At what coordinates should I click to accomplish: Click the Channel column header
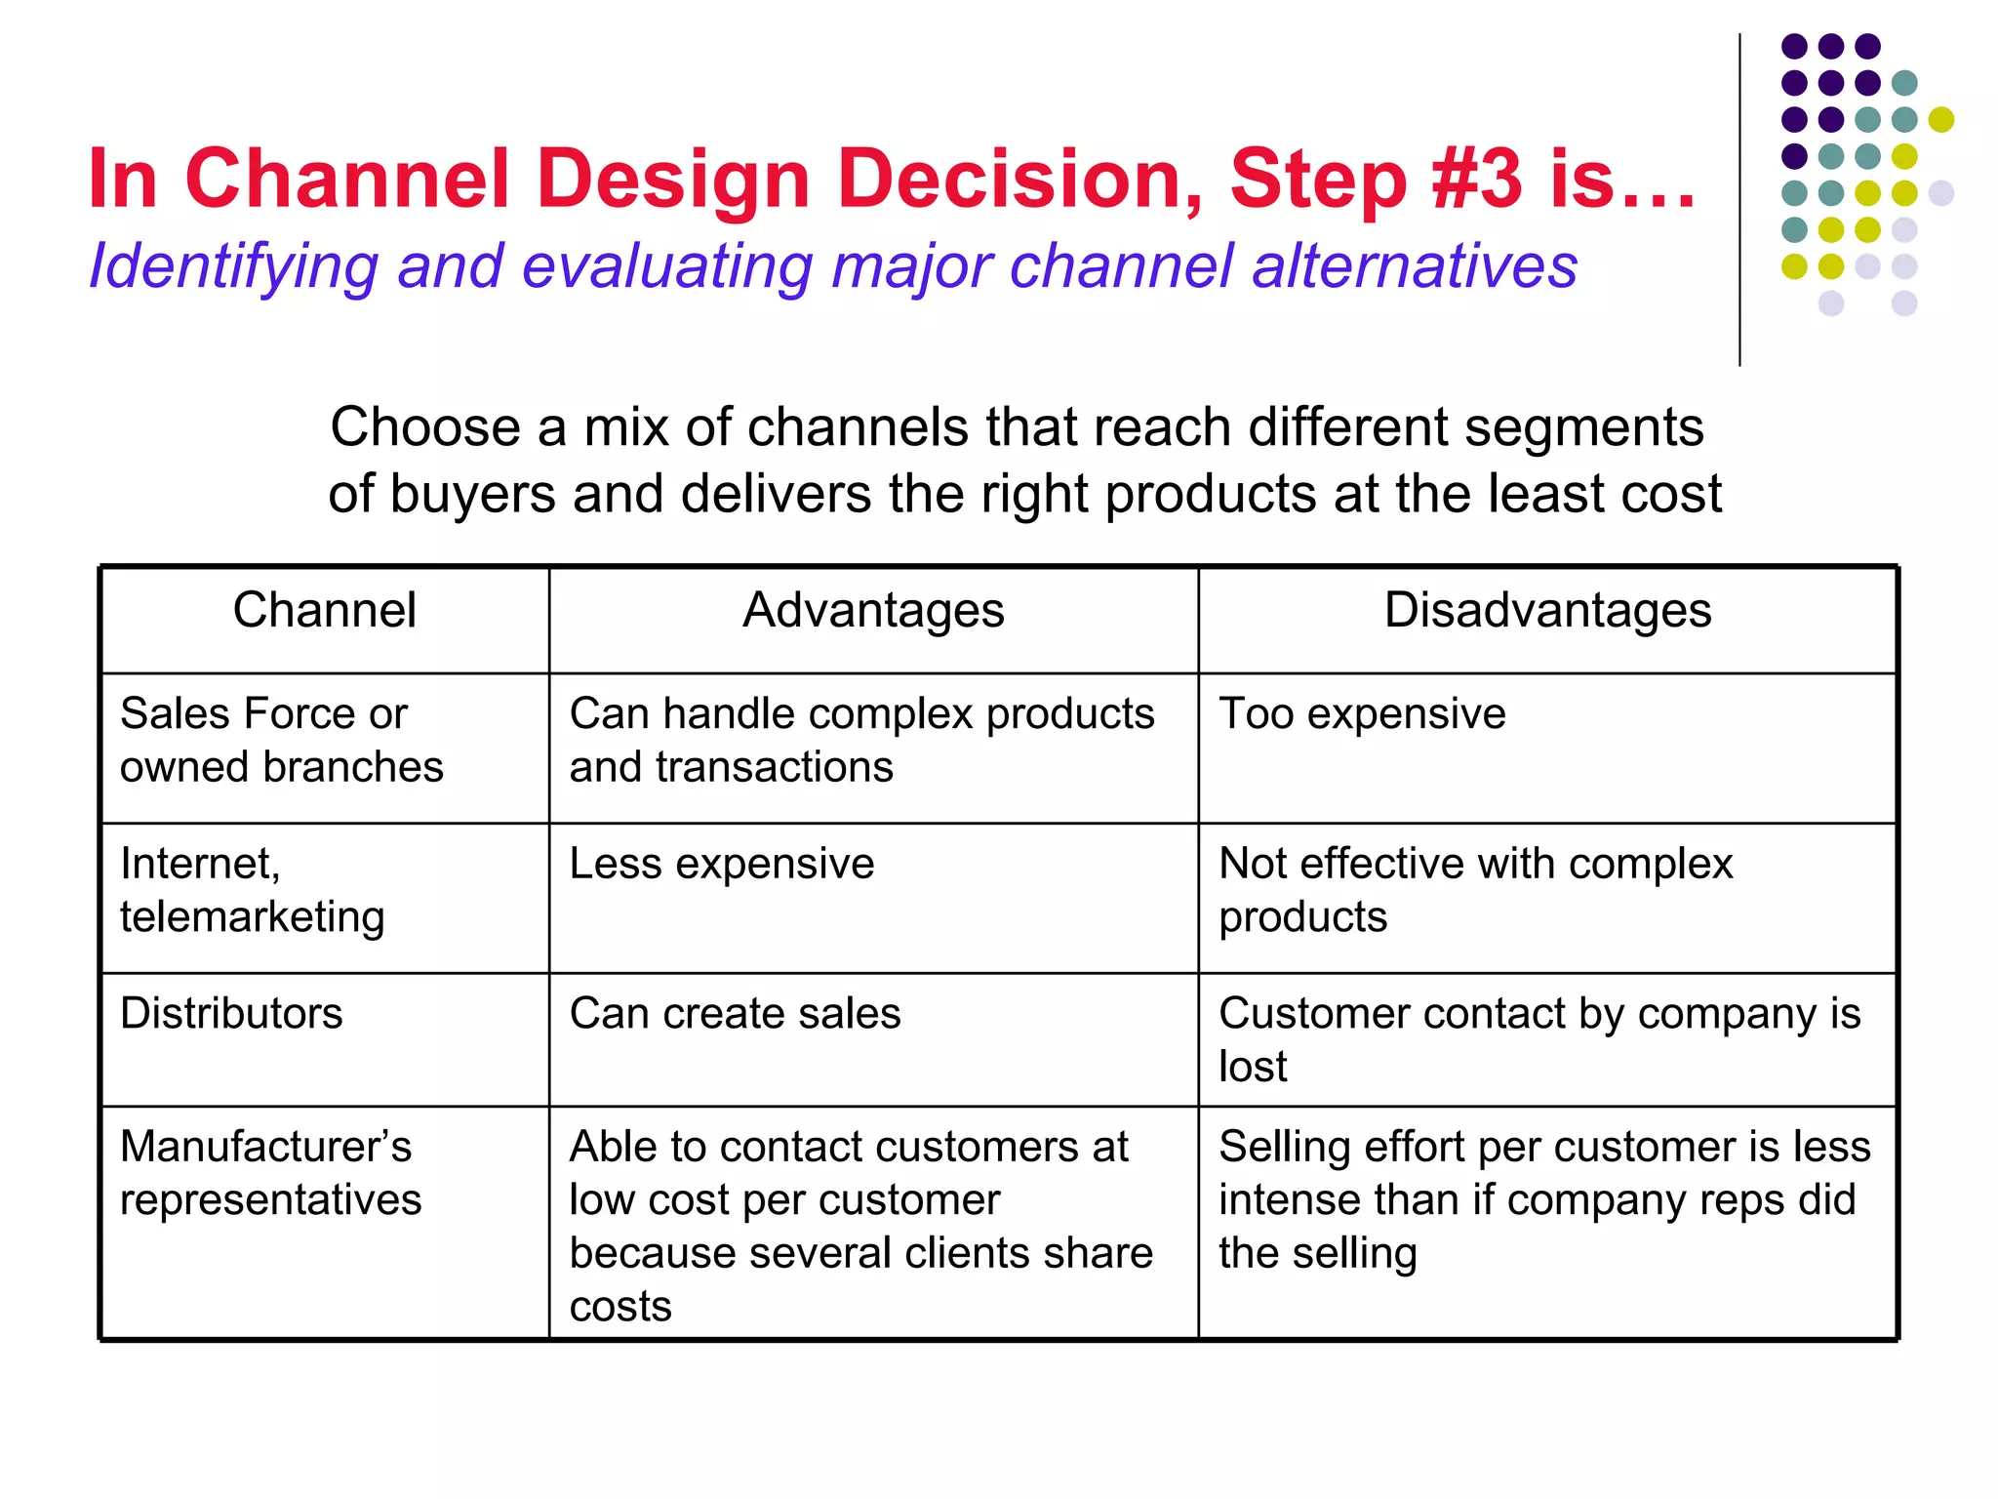[324, 611]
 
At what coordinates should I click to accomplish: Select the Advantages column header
[873, 611]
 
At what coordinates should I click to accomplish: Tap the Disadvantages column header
[1547, 611]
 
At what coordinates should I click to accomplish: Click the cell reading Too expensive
[1362, 714]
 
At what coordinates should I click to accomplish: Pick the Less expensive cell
[722, 865]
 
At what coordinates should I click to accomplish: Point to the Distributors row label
[231, 1014]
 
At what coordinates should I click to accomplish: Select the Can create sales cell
[735, 1014]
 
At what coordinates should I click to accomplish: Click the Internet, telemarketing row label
[252, 890]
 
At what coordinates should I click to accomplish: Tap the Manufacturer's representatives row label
[269, 1173]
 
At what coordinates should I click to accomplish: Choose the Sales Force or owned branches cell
[281, 741]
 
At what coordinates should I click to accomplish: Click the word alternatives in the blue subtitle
[1415, 266]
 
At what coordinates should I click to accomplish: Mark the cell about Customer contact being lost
[1539, 1039]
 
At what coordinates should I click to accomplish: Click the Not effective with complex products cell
[1475, 890]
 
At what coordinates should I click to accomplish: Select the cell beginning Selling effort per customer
[1543, 1199]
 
